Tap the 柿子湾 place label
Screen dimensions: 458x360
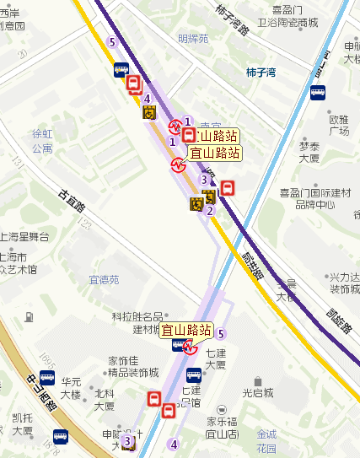point(261,73)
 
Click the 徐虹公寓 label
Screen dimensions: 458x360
point(41,141)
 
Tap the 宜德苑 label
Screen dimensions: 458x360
point(104,279)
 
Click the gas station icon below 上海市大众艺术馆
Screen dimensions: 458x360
point(30,317)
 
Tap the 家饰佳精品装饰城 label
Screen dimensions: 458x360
point(133,367)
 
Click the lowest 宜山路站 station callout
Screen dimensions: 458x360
point(186,330)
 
